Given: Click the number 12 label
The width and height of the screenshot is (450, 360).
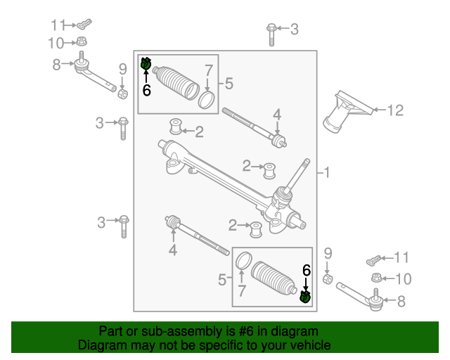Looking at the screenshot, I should [x=395, y=110].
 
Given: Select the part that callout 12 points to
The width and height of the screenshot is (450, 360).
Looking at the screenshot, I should [x=346, y=111].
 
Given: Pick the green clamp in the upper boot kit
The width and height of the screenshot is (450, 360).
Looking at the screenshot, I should [x=146, y=65].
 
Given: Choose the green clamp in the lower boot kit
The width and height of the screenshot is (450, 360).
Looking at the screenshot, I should [x=305, y=297].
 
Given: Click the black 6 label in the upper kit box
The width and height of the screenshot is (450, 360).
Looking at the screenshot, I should [x=146, y=90].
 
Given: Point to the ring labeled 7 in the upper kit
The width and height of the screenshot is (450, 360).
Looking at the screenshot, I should [x=207, y=99].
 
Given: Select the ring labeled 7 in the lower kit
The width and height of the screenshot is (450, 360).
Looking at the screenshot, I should [x=242, y=260].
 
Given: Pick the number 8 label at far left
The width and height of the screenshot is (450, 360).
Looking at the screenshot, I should [x=56, y=65].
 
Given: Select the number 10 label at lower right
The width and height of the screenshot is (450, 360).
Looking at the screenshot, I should [x=404, y=279].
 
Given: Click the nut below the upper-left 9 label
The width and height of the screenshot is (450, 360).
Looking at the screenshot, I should [x=122, y=93].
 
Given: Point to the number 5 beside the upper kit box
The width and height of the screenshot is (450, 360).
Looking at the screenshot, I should [x=229, y=84].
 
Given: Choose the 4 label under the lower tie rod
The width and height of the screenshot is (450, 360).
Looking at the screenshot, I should [x=172, y=250].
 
